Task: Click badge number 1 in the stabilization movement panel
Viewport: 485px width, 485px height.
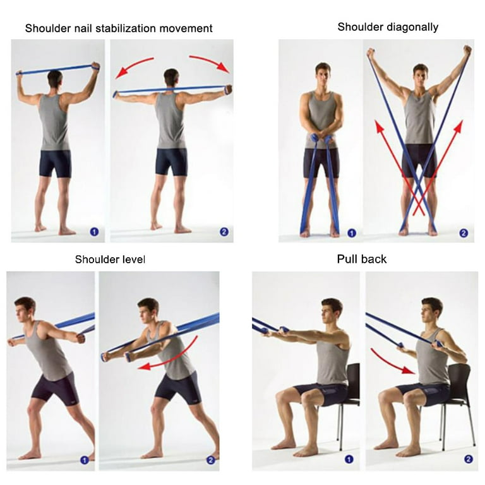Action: [94, 232]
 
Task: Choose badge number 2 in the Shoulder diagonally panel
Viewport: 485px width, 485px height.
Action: [464, 233]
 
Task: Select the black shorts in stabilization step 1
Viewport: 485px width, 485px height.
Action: [55, 162]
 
